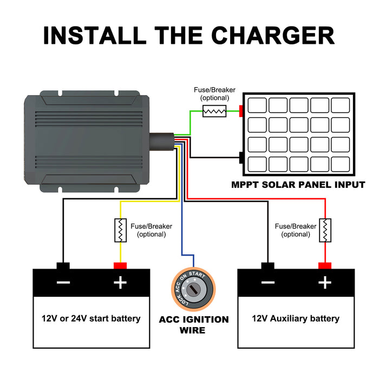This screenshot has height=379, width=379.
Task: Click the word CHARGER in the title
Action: [273, 35]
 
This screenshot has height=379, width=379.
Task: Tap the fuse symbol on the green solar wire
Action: [214, 111]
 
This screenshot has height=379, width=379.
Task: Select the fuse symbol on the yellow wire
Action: [120, 230]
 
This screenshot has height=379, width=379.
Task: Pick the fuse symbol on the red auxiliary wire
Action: [325, 230]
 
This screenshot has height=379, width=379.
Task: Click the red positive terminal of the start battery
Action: [120, 266]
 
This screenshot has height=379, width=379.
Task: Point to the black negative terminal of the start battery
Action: [63, 266]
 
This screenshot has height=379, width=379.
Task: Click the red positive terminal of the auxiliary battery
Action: [325, 266]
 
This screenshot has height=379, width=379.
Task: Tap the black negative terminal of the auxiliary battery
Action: [268, 266]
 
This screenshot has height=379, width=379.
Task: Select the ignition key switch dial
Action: [193, 289]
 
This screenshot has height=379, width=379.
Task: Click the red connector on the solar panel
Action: [241, 111]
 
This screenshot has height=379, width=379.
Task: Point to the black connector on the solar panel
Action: [241, 158]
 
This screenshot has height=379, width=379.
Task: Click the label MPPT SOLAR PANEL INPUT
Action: [298, 185]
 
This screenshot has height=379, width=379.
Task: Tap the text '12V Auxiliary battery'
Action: [296, 318]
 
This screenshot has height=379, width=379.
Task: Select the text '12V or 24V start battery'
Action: [91, 318]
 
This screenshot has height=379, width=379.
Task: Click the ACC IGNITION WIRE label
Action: [194, 325]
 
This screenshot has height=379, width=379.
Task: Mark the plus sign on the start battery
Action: [120, 283]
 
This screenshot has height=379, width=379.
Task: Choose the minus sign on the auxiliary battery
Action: [268, 283]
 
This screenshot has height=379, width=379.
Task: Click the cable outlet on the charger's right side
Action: [161, 142]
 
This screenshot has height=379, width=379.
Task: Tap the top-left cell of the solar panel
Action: [257, 105]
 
